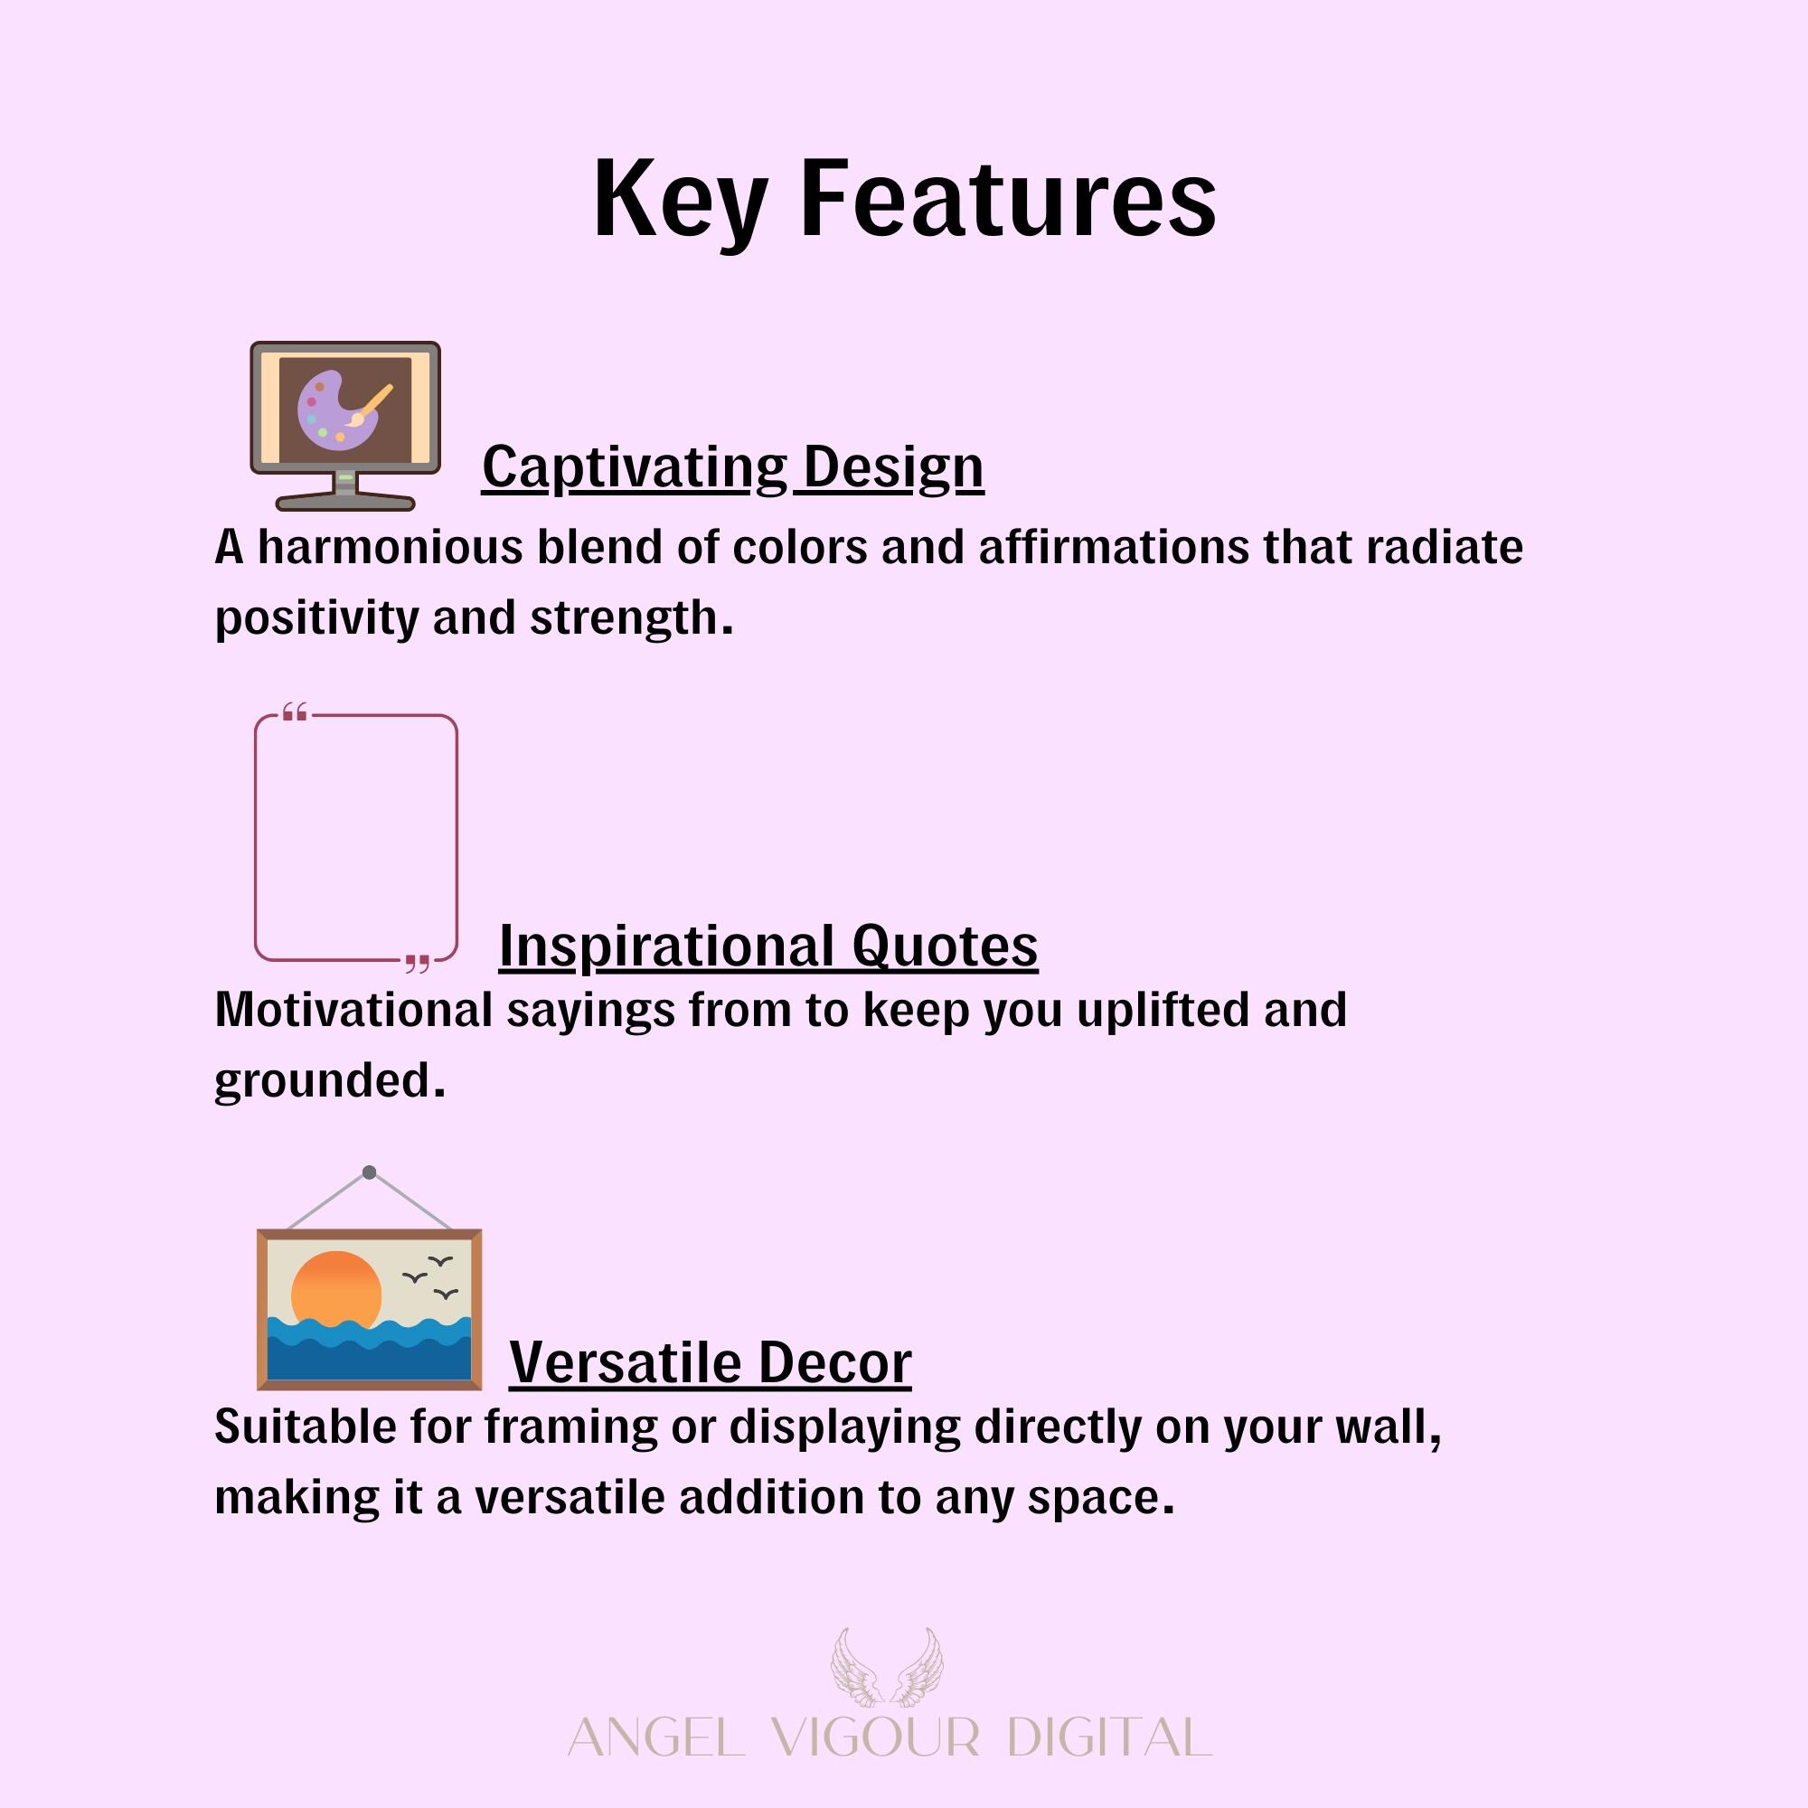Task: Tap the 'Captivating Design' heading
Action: point(733,468)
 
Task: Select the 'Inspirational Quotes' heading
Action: point(768,946)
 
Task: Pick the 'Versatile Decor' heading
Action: point(711,1362)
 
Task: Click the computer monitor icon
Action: point(345,426)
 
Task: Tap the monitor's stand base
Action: point(345,502)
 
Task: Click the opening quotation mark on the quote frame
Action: point(295,713)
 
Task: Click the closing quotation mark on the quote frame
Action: point(418,963)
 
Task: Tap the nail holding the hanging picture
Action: point(370,1172)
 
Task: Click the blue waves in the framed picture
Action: point(370,1348)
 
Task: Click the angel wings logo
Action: point(887,1667)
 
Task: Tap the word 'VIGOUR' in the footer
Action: point(876,1737)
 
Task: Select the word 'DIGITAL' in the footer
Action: point(1110,1737)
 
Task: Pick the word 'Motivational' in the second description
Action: point(353,1011)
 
